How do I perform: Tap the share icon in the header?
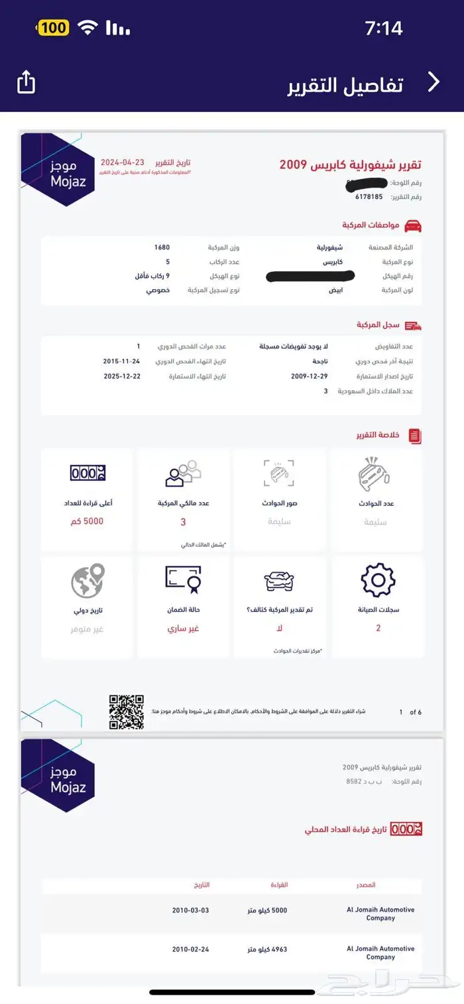(25, 82)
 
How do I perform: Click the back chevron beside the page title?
(434, 82)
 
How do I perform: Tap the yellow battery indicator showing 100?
(52, 28)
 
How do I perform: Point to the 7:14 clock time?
(383, 28)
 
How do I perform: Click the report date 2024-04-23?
(123, 162)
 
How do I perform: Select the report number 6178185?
(369, 196)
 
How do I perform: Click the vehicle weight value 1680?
(162, 247)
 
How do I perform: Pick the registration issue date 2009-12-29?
(309, 376)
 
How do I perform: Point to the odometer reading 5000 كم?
(87, 521)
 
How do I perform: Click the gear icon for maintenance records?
(378, 580)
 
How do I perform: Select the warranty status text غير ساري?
(184, 628)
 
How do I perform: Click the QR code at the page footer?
(126, 712)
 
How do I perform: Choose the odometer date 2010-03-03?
(190, 910)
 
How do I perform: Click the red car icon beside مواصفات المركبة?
(413, 225)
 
